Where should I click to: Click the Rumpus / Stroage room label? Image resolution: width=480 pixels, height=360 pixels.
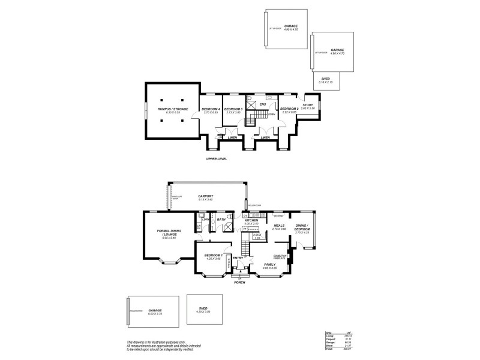pyautogui.click(x=172, y=109)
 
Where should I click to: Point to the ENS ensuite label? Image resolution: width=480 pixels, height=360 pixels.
pyautogui.click(x=262, y=104)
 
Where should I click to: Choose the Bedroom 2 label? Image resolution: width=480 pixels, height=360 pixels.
pyautogui.click(x=289, y=109)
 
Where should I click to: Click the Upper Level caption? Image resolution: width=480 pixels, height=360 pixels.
pyautogui.click(x=216, y=159)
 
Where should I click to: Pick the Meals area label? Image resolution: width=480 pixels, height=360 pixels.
pyautogui.click(x=279, y=226)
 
